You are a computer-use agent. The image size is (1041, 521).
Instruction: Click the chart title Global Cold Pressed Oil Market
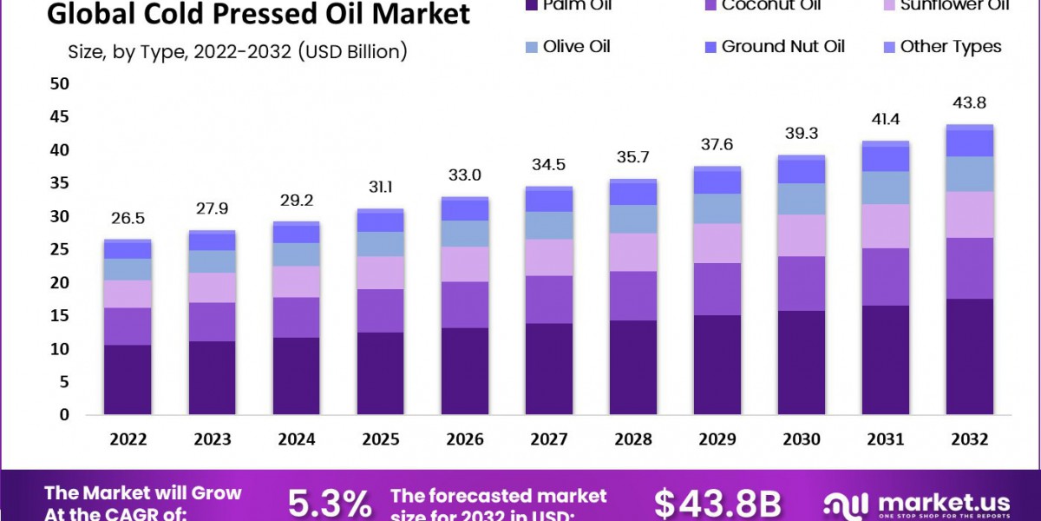point(259,15)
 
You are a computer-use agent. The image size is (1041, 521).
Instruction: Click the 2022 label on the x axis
point(128,440)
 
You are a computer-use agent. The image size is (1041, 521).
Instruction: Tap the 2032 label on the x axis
point(970,440)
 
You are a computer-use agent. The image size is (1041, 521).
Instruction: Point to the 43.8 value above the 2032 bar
point(970,102)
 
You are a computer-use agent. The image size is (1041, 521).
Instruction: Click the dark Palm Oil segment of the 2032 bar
point(970,356)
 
